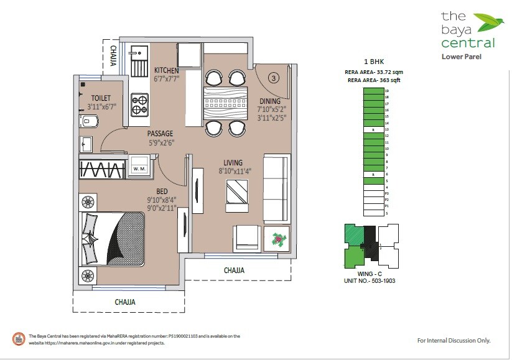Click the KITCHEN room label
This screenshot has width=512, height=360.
(x=166, y=70)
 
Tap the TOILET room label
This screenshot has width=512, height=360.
(x=100, y=98)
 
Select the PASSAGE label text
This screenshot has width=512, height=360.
(x=160, y=134)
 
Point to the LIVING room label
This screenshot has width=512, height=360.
(x=233, y=163)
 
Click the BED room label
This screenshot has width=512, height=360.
(x=161, y=191)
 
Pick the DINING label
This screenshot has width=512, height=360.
(x=269, y=101)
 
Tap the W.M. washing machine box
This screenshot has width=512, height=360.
(x=138, y=168)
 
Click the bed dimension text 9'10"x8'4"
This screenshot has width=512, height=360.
(x=161, y=200)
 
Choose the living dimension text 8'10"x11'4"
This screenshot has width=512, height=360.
(x=233, y=171)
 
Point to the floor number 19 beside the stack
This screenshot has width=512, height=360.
(x=387, y=91)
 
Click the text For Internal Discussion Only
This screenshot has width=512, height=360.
(x=454, y=340)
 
